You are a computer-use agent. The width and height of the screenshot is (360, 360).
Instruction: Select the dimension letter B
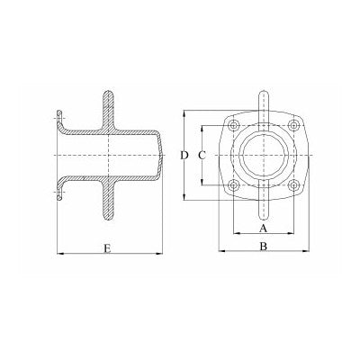click(262, 246)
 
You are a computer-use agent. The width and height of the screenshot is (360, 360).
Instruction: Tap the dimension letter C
click(202, 156)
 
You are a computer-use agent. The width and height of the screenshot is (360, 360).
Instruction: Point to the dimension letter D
click(184, 156)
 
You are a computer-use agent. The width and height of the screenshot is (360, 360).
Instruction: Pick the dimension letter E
click(107, 246)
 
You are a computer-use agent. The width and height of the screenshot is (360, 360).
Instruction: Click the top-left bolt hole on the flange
click(233, 125)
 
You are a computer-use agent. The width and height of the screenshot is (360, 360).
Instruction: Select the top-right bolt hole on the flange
click(291, 125)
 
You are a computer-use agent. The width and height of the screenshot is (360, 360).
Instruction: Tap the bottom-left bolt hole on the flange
click(233, 185)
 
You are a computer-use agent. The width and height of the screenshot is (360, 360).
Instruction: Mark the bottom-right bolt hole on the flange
click(291, 185)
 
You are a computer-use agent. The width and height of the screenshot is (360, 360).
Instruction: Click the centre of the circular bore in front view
click(262, 156)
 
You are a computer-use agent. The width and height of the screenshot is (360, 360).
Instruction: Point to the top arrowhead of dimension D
click(184, 113)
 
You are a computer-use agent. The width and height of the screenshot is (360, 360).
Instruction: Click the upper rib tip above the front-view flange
click(262, 93)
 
